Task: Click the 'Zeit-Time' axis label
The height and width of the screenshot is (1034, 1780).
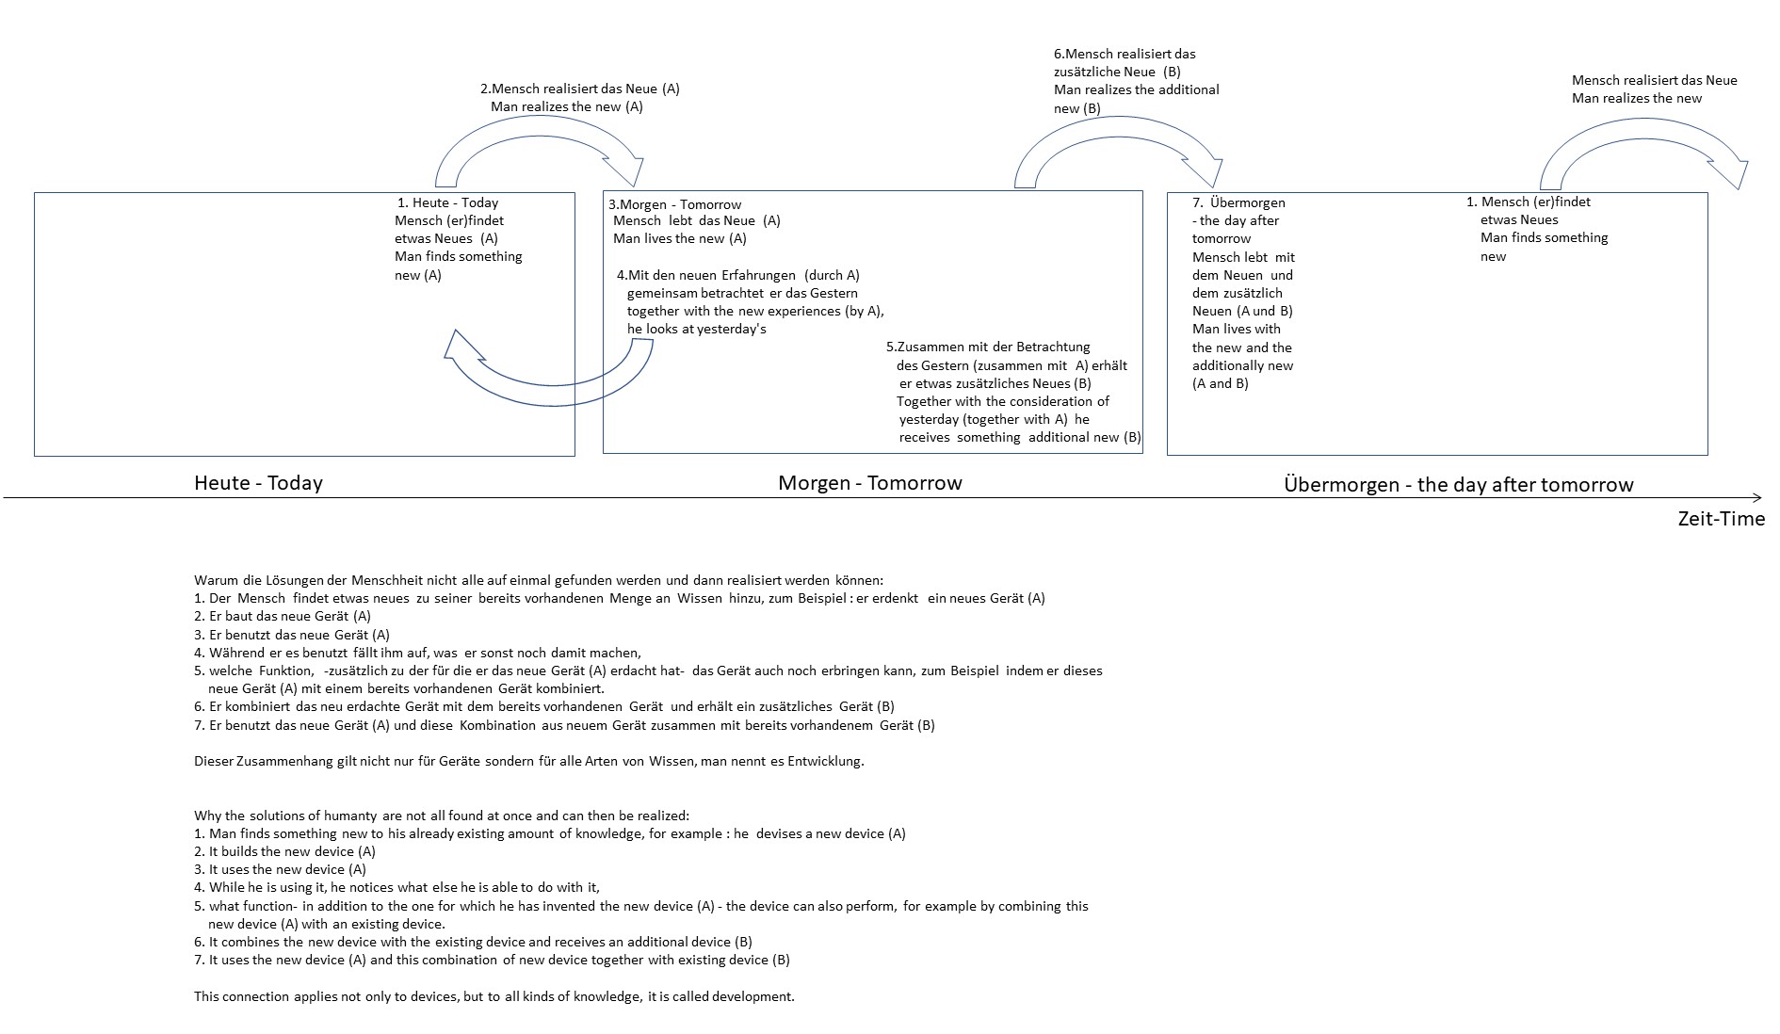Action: click(x=1721, y=519)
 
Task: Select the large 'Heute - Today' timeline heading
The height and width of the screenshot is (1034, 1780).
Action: click(x=258, y=483)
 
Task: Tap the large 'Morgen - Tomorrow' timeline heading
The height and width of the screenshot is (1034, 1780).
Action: click(x=870, y=483)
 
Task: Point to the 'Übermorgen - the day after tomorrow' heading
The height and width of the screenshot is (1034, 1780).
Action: click(x=1459, y=485)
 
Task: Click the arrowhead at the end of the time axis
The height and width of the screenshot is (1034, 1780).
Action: click(x=1757, y=497)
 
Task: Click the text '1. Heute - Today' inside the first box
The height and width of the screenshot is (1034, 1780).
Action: click(x=447, y=202)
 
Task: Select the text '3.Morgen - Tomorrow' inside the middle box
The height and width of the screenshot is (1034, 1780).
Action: click(x=674, y=204)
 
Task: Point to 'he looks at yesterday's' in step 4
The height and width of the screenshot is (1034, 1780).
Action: click(x=697, y=329)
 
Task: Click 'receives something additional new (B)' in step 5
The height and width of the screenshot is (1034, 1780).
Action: click(x=1020, y=437)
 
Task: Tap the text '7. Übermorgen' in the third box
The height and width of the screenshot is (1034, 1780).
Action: click(x=1238, y=202)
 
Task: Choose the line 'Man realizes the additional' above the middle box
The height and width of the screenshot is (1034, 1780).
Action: click(x=1137, y=89)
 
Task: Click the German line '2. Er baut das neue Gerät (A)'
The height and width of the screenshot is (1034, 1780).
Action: click(x=283, y=616)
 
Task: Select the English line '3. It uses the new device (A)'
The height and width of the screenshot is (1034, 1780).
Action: click(x=280, y=869)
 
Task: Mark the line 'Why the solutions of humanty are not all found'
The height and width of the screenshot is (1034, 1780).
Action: click(x=442, y=816)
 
